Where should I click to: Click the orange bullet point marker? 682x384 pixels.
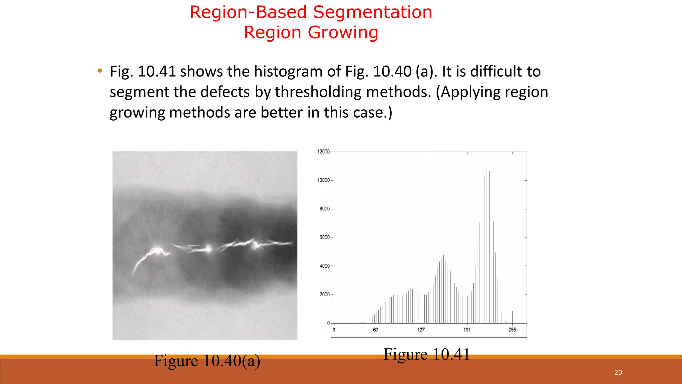pos(100,71)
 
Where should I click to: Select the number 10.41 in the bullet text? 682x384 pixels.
pos(157,71)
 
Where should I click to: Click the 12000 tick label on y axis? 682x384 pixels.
pos(323,152)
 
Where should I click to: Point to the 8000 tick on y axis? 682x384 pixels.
pos(324,209)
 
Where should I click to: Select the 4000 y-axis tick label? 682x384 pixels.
pos(324,266)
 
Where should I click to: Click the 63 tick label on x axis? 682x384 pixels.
pos(376,330)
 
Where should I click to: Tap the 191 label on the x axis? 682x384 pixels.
pos(467,330)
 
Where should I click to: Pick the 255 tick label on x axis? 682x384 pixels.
pos(512,330)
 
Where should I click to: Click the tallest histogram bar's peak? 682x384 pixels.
pos(487,167)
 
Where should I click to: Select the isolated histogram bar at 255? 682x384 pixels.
pos(512,317)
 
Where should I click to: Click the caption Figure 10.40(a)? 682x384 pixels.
pos(207,361)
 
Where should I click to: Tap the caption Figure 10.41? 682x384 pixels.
pos(427,354)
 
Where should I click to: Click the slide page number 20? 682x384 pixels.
pos(618,372)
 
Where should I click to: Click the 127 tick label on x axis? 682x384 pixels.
pos(421,330)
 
